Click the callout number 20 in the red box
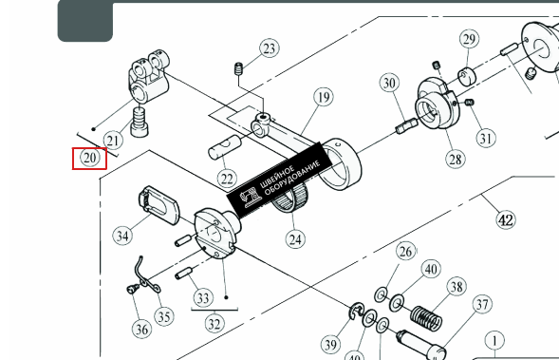click(89, 158)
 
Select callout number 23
click(270, 48)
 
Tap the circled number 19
click(324, 97)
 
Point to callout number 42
click(506, 219)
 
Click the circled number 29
click(469, 39)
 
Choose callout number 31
click(486, 138)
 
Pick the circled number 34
click(122, 236)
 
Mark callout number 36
click(141, 329)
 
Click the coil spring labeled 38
click(426, 317)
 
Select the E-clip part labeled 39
click(356, 311)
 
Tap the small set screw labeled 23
click(239, 68)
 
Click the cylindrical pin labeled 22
click(225, 147)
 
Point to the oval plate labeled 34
click(158, 205)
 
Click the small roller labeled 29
click(467, 76)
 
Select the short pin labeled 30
click(407, 125)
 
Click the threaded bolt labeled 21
click(140, 122)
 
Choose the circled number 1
click(494, 341)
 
